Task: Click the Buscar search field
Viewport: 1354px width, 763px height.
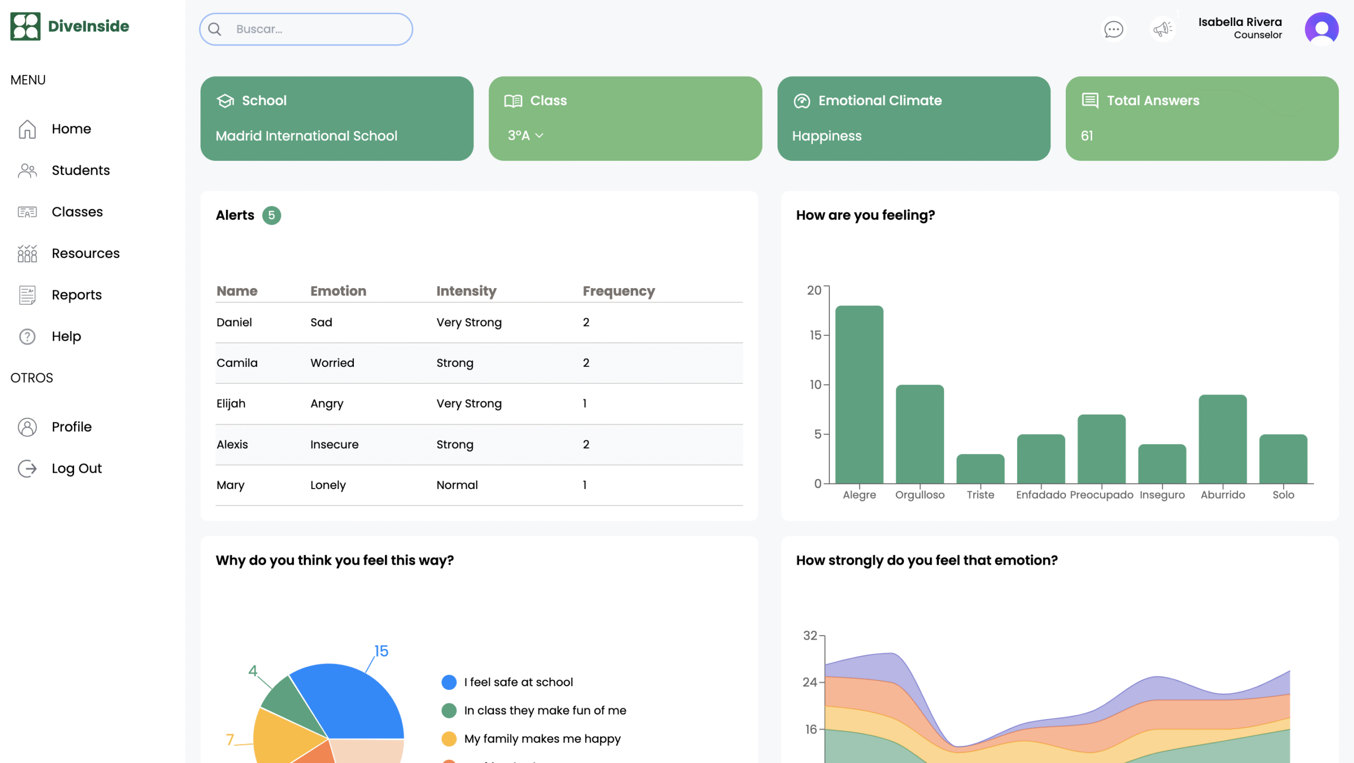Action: point(306,29)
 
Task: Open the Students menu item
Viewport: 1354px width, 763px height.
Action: point(80,170)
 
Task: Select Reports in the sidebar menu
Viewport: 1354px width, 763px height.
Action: point(76,295)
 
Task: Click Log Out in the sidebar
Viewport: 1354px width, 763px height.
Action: point(76,468)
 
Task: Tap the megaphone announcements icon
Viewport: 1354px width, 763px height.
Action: point(1163,29)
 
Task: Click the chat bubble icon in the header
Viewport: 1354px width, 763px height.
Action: point(1113,29)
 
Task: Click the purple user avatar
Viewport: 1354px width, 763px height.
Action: point(1321,29)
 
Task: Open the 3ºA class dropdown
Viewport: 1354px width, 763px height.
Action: point(525,136)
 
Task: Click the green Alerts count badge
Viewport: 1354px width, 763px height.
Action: point(271,215)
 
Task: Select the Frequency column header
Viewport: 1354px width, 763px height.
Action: point(619,291)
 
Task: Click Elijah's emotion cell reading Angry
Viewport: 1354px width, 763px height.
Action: point(327,404)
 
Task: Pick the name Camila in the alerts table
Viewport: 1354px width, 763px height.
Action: point(237,363)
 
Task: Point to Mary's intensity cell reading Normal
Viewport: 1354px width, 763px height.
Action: point(457,485)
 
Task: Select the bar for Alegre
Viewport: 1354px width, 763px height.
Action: point(859,394)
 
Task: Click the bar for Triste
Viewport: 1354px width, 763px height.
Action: point(980,468)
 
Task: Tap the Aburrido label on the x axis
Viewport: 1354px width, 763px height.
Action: point(1222,495)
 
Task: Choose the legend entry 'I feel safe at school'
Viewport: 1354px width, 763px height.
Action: point(507,682)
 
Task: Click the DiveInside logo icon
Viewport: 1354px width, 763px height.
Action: point(25,26)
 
